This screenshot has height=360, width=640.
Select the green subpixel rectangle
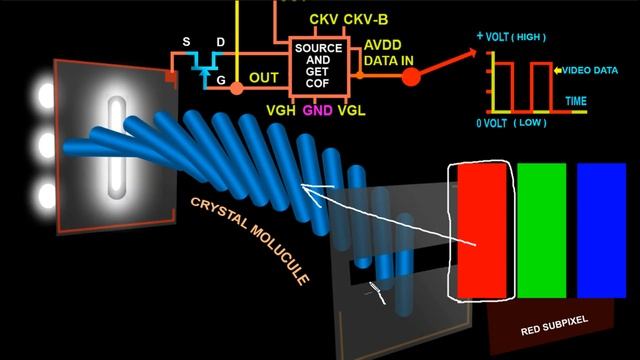coord(542,231)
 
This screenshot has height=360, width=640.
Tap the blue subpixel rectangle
coord(601,231)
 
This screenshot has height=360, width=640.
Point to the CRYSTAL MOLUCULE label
coord(250,239)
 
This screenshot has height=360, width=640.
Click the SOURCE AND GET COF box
coord(319,67)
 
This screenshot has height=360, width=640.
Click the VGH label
coord(280,110)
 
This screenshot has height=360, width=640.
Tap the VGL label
coord(351,110)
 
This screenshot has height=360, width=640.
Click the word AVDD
coord(384,45)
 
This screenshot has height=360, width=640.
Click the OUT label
coord(263,76)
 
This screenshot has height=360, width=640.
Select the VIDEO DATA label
coord(590,71)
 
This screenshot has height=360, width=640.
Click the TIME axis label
coord(576,101)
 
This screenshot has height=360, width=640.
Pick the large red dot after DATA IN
coord(410,76)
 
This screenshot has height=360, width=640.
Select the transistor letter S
coord(186,43)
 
